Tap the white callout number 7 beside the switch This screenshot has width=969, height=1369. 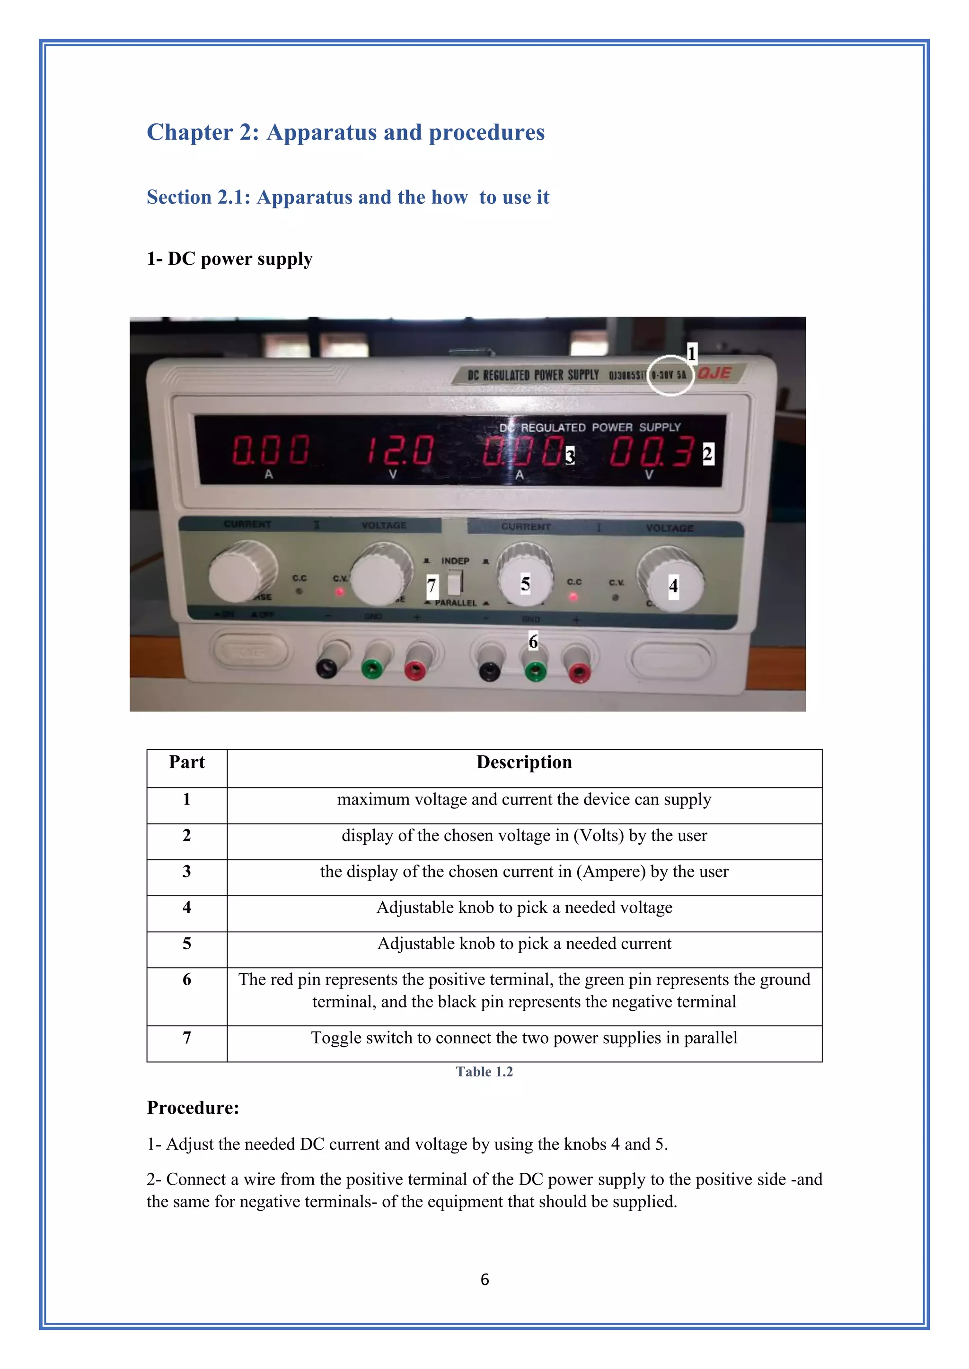click(x=432, y=587)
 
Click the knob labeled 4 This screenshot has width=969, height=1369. click(x=672, y=586)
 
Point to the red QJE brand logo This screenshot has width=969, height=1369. click(x=714, y=373)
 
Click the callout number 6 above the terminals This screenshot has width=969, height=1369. click(x=533, y=641)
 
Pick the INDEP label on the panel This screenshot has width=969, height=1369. click(x=455, y=561)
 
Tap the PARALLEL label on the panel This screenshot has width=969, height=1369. click(x=456, y=603)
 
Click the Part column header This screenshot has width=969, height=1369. click(x=187, y=762)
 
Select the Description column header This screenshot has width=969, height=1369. click(x=524, y=762)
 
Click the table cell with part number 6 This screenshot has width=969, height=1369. click(x=187, y=979)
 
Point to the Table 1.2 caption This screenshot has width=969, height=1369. click(x=484, y=1072)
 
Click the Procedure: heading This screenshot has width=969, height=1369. click(x=193, y=1108)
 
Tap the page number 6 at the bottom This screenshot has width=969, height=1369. click(x=484, y=1279)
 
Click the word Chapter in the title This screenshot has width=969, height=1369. click(x=190, y=132)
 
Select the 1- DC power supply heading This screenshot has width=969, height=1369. click(x=230, y=259)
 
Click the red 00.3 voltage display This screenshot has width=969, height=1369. click(x=651, y=451)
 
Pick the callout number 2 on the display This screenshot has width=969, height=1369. click(x=708, y=454)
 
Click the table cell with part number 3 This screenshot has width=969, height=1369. click(x=187, y=872)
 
